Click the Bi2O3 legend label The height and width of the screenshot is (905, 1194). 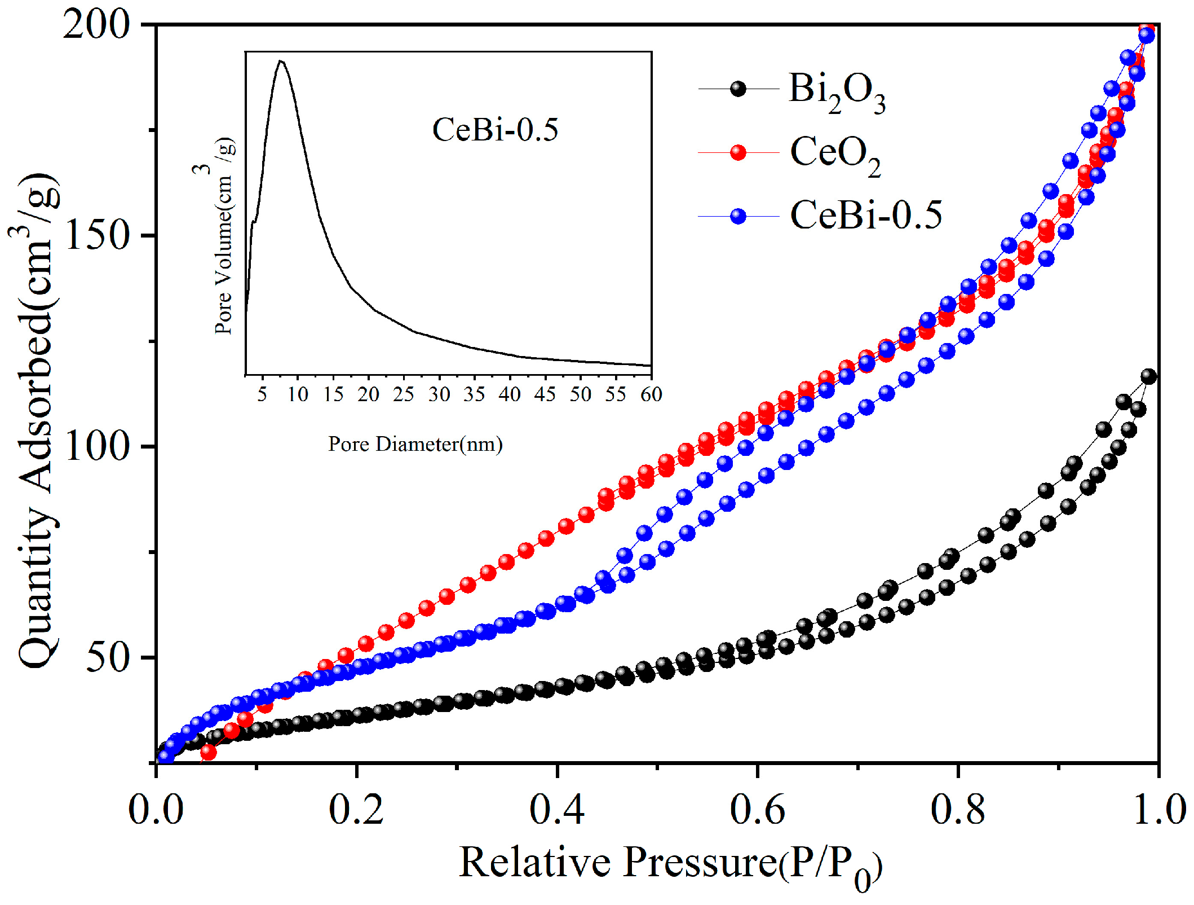[x=837, y=92]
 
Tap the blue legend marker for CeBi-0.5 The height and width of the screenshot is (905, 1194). [x=738, y=216]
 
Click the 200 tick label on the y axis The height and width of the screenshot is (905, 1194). [x=96, y=25]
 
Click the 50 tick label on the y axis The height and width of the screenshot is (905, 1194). [x=107, y=657]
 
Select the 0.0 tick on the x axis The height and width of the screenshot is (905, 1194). [x=156, y=810]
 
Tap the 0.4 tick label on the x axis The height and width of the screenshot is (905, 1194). [x=557, y=810]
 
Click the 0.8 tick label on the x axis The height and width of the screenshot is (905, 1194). [x=958, y=810]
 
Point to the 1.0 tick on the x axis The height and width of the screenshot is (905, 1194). [x=1158, y=810]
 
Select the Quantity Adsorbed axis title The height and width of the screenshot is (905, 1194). [x=38, y=420]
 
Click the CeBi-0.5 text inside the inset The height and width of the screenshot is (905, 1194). [x=495, y=130]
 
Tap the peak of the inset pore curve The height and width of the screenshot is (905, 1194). [x=280, y=61]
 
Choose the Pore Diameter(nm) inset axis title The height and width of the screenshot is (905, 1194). [x=415, y=444]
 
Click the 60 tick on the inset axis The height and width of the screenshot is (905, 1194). [x=651, y=394]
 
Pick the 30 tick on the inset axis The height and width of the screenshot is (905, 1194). [x=439, y=394]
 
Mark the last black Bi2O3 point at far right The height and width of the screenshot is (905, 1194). [x=1148, y=376]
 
